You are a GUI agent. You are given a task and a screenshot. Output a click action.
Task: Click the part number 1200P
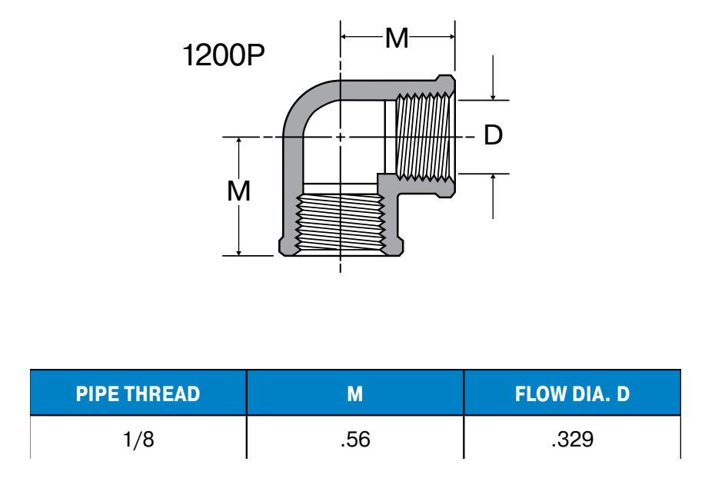click(224, 55)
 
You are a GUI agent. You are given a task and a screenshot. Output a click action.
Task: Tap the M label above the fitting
click(397, 38)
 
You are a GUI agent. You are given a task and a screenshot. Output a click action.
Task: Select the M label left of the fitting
click(238, 191)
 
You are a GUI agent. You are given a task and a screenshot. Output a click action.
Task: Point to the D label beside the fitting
click(493, 134)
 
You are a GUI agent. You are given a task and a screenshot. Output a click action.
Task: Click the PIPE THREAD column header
click(138, 393)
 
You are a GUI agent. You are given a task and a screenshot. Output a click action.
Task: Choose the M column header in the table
click(354, 393)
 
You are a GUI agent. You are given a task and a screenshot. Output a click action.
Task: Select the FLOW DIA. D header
click(572, 393)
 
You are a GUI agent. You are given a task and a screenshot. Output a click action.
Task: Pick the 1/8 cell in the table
click(138, 440)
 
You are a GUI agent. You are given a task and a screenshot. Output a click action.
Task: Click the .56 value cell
click(355, 440)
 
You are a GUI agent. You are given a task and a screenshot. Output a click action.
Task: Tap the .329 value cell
click(572, 440)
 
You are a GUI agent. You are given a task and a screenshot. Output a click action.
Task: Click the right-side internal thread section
click(425, 137)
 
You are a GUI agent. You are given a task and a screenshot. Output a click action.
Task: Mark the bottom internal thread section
click(341, 222)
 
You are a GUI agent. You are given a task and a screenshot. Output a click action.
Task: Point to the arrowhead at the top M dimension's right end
click(451, 36)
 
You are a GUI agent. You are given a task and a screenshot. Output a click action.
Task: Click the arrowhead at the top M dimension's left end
click(344, 36)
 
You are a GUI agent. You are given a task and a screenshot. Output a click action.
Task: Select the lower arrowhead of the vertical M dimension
click(238, 252)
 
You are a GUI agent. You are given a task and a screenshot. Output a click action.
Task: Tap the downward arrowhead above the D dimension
click(493, 96)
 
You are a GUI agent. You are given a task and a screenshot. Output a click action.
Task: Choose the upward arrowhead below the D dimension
click(493, 178)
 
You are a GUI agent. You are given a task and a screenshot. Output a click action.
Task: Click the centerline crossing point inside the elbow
click(340, 137)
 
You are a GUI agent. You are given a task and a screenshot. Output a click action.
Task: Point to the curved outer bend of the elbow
click(301, 97)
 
